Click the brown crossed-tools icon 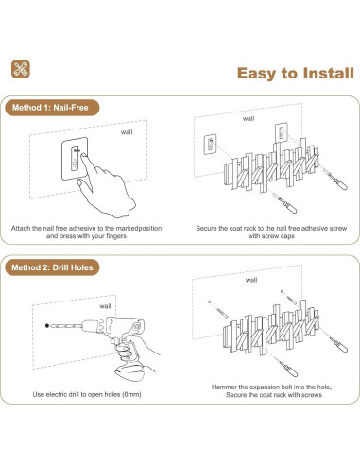pos(21,69)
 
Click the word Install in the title pos(329,73)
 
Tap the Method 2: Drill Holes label pos(52,267)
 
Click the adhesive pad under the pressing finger pos(75,159)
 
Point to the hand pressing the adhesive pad pos(106,186)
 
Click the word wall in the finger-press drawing pos(127,132)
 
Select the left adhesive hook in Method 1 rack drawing pos(210,145)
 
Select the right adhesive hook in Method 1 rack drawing pos(282,132)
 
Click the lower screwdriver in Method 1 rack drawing pos(284,203)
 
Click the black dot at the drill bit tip pos(47,326)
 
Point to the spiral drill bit pos(67,325)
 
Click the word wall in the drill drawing pos(105,306)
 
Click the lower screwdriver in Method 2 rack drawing pos(285,367)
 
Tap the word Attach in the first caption pos(21,228)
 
